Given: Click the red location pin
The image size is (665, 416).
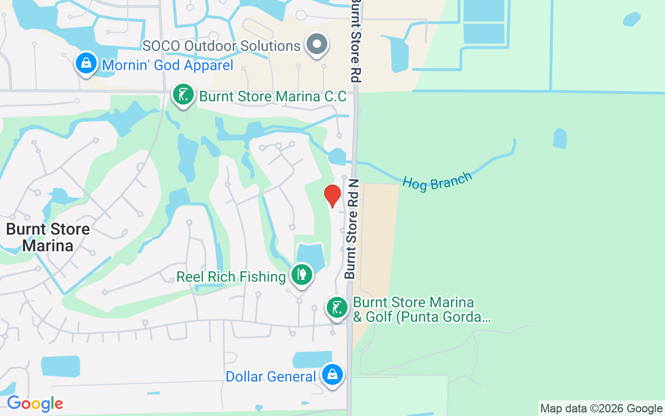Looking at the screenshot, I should (332, 196).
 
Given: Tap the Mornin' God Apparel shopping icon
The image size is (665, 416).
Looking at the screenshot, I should (86, 63).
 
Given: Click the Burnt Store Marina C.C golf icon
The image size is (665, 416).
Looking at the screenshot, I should (183, 95).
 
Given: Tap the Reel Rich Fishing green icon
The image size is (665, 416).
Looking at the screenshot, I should (301, 274).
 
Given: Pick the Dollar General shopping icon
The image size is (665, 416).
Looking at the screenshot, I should (332, 374).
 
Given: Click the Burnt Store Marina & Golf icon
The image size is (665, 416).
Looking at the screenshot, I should (337, 308).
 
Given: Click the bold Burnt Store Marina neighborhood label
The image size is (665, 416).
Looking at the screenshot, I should (48, 237).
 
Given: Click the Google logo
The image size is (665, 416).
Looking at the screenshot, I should (35, 404).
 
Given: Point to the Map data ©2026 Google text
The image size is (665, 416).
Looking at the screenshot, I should (601, 409).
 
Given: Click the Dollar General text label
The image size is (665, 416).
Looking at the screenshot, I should (271, 376).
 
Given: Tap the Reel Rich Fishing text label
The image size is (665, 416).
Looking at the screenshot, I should (231, 277).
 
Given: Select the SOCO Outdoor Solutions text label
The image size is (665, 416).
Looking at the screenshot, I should (222, 46).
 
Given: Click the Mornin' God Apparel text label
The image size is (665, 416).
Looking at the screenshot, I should (168, 65).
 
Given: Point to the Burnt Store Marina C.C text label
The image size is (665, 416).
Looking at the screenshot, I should (273, 97).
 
